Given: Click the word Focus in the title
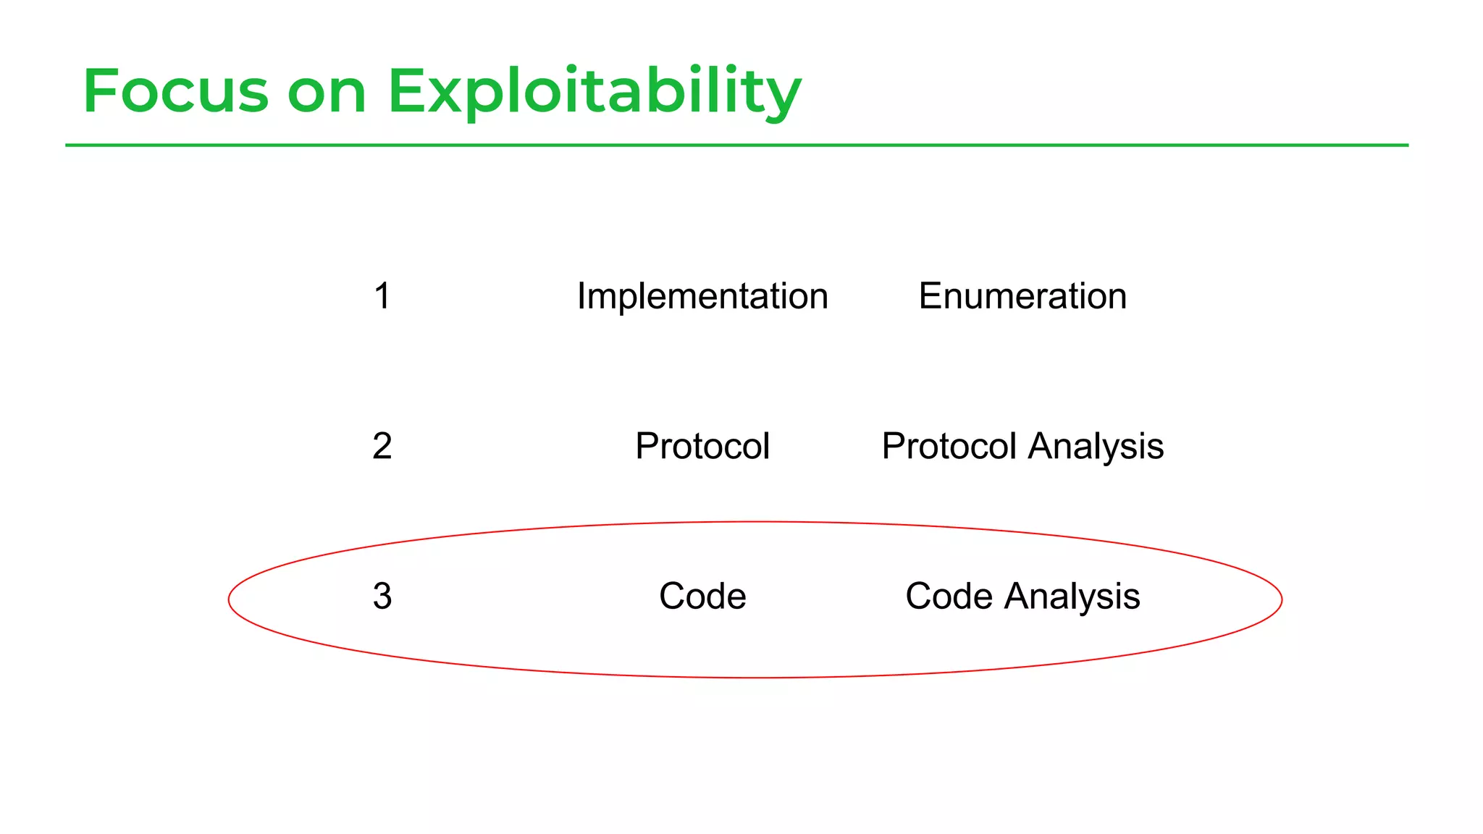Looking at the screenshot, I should (175, 91).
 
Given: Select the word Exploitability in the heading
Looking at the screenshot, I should (594, 93).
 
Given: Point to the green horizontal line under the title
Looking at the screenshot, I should (736, 146).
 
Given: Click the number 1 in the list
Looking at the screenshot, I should (382, 296).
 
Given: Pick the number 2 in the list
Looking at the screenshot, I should (382, 446).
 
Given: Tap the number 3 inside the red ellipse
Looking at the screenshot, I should (382, 597).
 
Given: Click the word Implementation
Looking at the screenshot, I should (702, 296).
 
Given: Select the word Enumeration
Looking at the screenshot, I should (1022, 296).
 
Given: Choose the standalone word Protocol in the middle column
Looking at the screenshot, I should (702, 446).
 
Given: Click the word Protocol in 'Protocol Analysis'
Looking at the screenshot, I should (949, 446).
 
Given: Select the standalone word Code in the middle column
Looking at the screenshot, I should (702, 597).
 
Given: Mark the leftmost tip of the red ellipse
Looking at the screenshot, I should (229, 599).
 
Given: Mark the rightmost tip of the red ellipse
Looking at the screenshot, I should (1282, 599).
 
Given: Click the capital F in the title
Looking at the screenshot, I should (98, 91).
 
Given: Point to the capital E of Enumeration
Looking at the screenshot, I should (930, 296).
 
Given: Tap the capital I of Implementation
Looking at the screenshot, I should (581, 296).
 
